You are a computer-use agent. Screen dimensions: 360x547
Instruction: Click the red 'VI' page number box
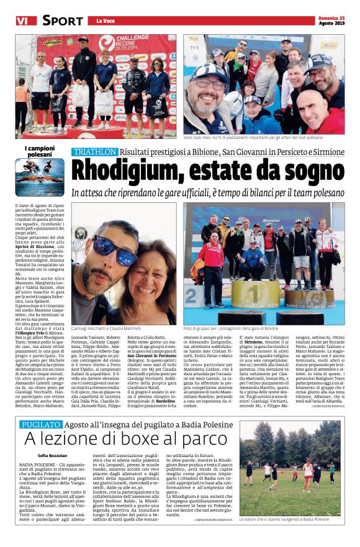pos(22,20)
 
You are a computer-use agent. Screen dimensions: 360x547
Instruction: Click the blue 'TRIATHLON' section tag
pos(94,152)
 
